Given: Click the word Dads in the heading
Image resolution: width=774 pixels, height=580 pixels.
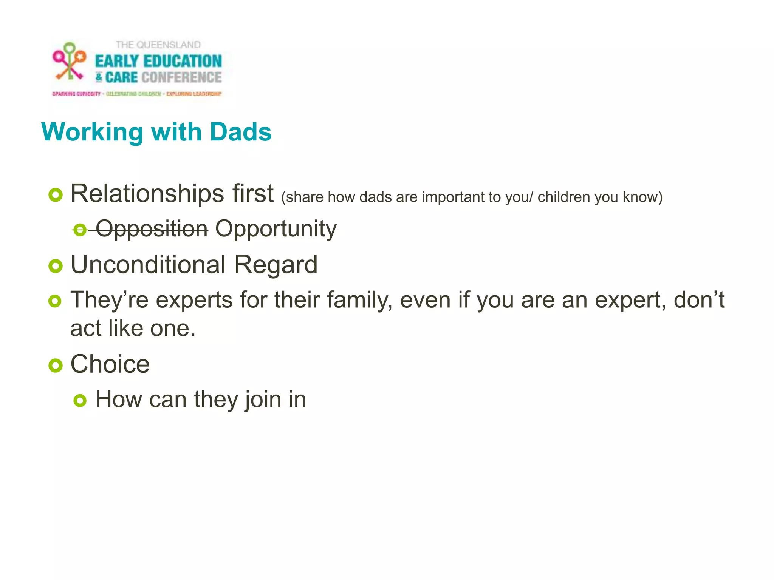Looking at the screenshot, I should click(x=240, y=132).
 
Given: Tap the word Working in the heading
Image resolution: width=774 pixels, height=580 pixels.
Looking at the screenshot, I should click(x=92, y=132).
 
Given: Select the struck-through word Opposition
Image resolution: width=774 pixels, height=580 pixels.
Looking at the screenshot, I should click(x=152, y=229).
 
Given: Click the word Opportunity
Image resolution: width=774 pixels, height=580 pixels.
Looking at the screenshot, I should click(x=276, y=229).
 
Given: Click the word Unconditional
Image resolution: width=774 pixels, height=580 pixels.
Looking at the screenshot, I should click(x=148, y=264).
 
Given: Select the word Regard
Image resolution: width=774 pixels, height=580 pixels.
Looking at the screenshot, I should click(x=276, y=264).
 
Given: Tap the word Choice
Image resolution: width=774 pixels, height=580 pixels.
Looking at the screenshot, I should click(x=110, y=364).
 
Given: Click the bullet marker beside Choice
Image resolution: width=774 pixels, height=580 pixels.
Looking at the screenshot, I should click(x=55, y=366).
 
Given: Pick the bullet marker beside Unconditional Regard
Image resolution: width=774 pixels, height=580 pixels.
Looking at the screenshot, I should click(x=55, y=266).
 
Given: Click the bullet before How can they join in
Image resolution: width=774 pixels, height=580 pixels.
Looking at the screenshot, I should click(x=80, y=401).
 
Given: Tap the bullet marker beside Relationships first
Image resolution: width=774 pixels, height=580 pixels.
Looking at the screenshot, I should click(x=55, y=195).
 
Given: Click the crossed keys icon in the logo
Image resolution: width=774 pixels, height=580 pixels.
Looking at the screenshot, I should click(x=69, y=61).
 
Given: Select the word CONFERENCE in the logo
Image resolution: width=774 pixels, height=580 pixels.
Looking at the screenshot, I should click(x=181, y=77).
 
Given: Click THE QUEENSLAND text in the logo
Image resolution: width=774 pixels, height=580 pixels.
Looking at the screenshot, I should click(x=158, y=45).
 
